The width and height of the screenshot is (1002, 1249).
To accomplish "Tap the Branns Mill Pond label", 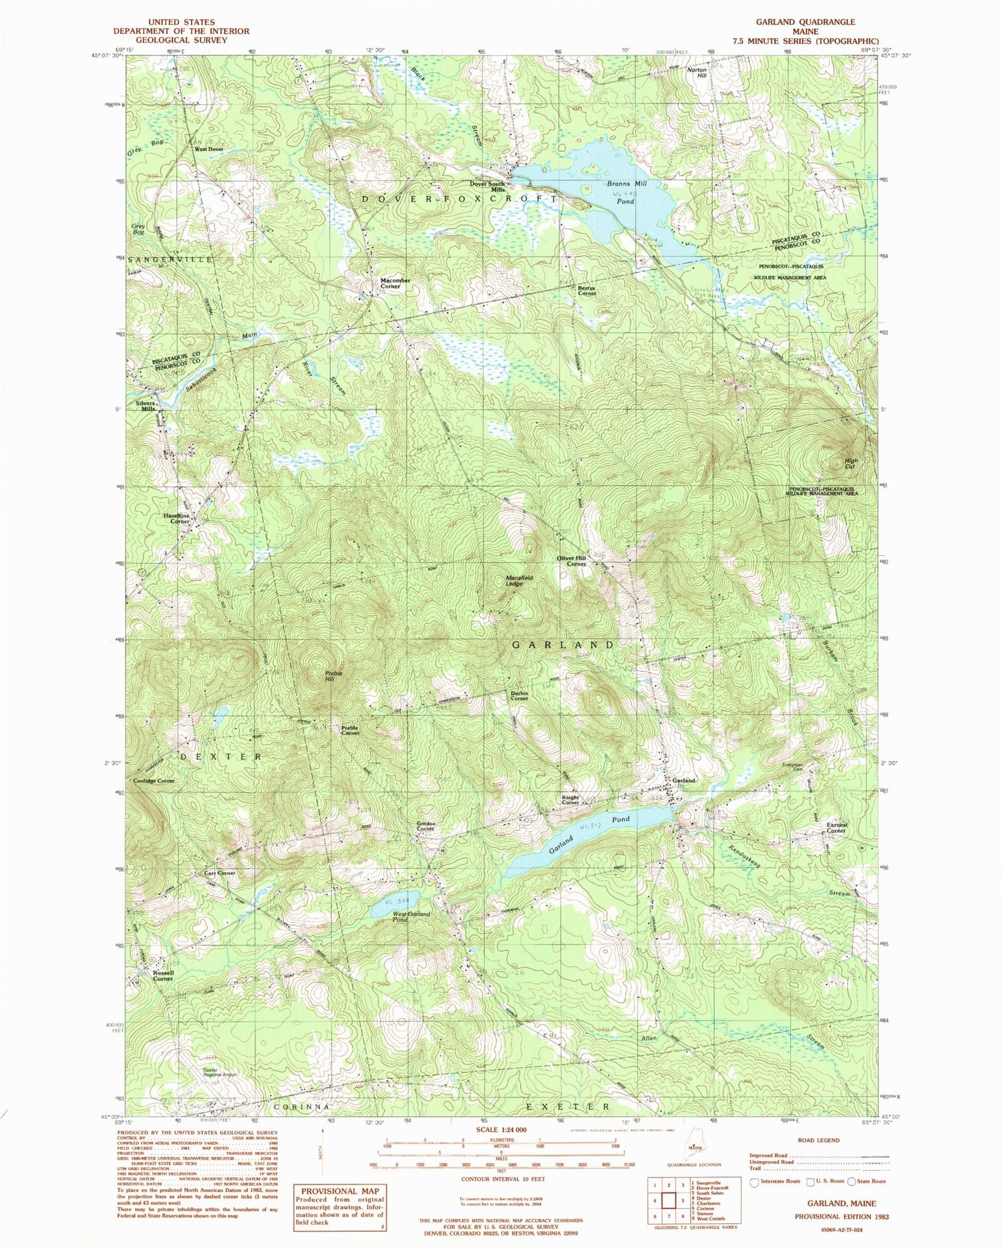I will [x=626, y=192].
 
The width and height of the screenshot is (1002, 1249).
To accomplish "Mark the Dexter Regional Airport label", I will [x=220, y=1073].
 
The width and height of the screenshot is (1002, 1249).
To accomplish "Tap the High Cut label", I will [x=850, y=463].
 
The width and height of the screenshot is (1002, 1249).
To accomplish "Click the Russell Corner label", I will [x=163, y=976].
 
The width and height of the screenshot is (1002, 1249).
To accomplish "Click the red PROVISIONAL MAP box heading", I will [x=340, y=1191].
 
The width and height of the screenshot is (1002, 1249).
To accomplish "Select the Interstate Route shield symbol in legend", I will [x=755, y=1182].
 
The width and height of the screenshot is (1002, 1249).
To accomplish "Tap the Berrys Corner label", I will [x=587, y=291].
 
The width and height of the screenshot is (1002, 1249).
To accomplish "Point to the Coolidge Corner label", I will [x=154, y=780].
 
